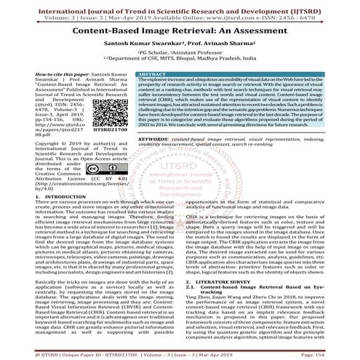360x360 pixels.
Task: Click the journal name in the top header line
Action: coord(180,4)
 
